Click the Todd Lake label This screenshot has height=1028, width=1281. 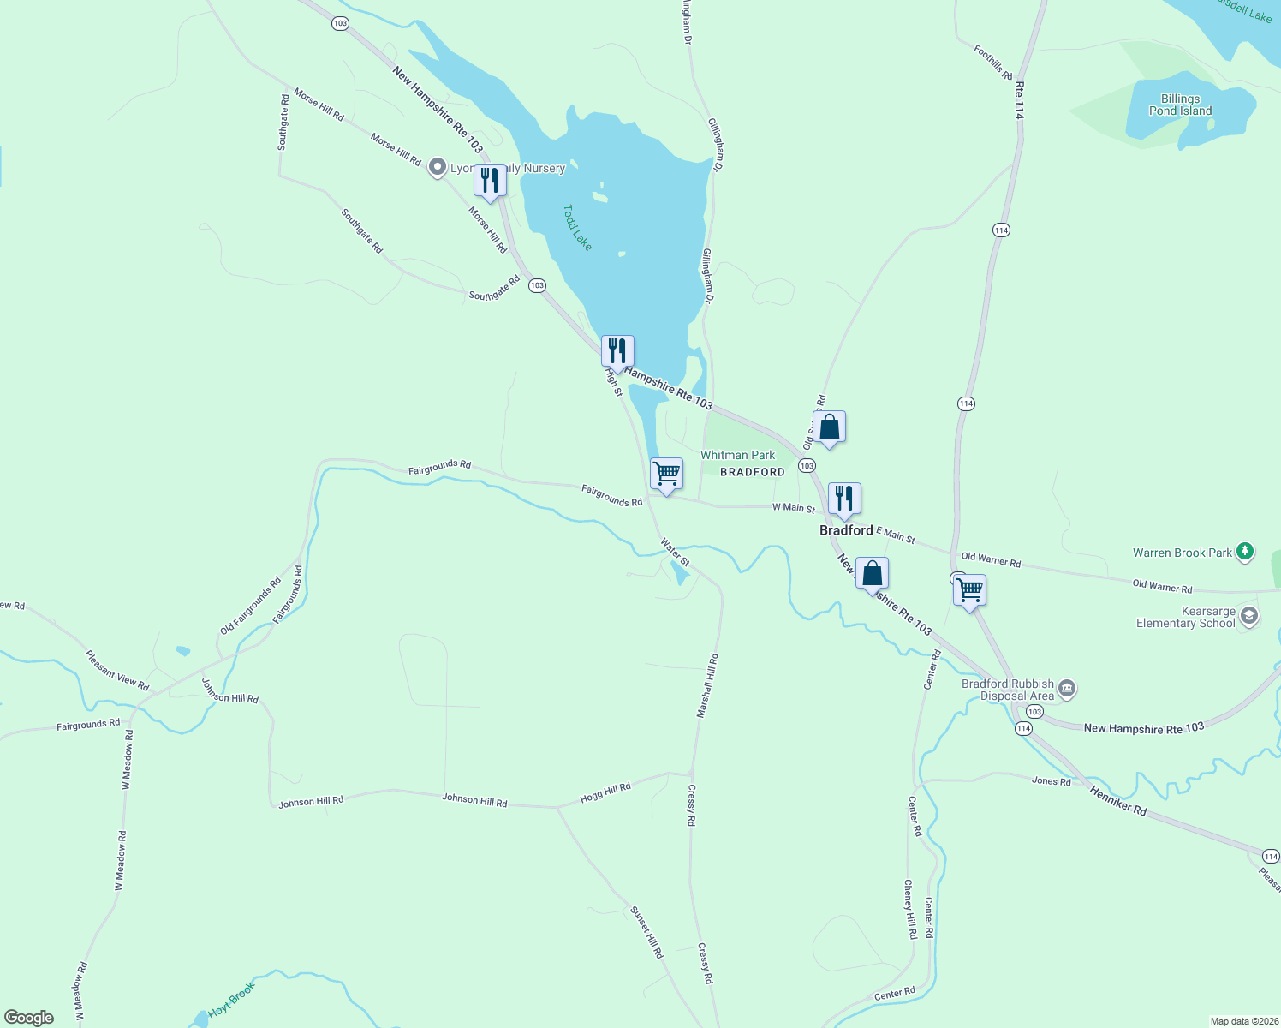(577, 228)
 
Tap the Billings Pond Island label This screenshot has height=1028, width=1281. (1180, 105)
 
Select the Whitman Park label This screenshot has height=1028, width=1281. (737, 455)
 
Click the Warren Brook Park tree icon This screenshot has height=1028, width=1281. (1246, 553)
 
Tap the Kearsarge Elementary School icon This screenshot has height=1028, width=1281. (1249, 617)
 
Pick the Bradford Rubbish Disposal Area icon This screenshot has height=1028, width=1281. (1067, 689)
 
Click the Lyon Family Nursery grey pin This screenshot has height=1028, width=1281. (438, 167)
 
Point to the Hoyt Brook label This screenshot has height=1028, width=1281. (231, 1000)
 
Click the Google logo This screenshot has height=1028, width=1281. (29, 1018)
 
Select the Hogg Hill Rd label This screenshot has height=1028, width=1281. (605, 792)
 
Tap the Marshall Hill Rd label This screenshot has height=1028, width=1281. (707, 685)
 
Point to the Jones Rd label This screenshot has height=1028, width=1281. (1051, 781)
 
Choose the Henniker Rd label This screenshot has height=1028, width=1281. (1118, 800)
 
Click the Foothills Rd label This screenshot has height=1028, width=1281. (993, 62)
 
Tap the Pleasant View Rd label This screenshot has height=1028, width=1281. (116, 671)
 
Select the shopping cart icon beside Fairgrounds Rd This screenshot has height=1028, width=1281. (666, 474)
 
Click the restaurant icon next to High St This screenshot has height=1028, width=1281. (617, 351)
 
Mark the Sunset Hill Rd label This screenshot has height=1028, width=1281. (646, 932)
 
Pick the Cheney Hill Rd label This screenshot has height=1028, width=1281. (909, 909)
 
